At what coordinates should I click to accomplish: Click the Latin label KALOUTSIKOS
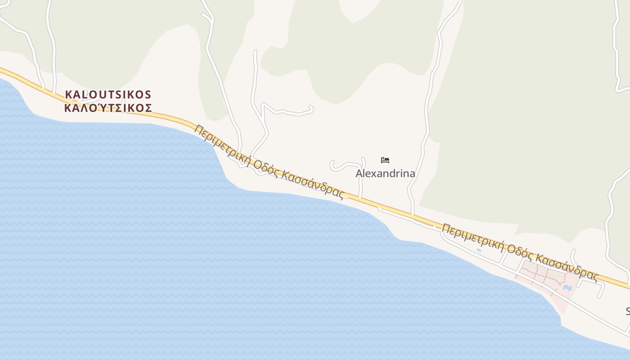point(108,94)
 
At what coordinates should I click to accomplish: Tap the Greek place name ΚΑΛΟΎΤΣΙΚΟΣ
point(108,108)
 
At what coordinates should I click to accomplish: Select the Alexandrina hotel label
point(385,173)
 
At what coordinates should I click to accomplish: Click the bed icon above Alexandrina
point(385,160)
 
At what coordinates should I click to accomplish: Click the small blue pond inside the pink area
point(567,287)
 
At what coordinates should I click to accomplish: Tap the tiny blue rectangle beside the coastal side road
point(478,250)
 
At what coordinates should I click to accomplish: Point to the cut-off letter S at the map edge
point(628,311)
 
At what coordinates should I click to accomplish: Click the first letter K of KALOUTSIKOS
point(69,94)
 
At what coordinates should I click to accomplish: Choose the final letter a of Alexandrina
point(411,174)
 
